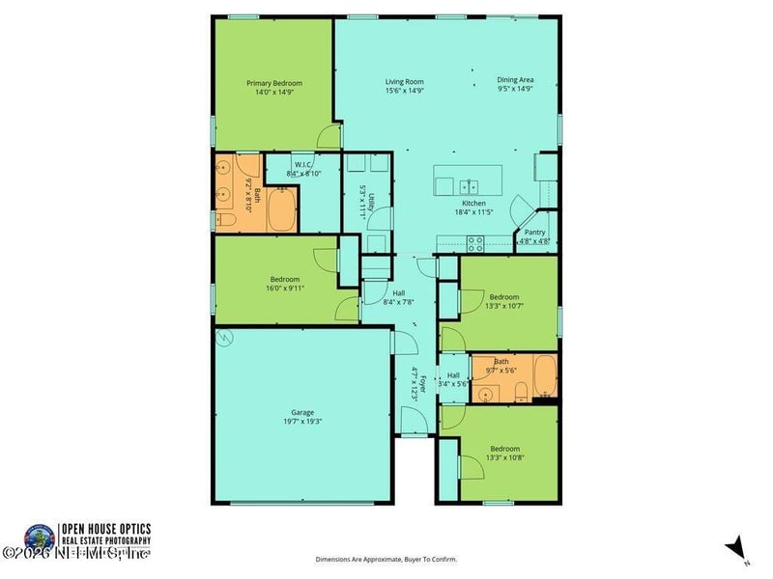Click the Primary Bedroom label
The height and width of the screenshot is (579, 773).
(x=272, y=84)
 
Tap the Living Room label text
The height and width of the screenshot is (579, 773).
(x=405, y=82)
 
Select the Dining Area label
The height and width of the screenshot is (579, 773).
(x=515, y=80)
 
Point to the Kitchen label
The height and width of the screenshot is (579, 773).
(x=473, y=204)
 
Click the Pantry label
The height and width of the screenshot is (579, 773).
(x=534, y=233)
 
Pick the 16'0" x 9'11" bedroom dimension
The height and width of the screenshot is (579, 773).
(x=275, y=288)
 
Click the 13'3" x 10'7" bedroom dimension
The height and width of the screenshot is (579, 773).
(x=503, y=306)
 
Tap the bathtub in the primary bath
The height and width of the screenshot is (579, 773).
(x=282, y=210)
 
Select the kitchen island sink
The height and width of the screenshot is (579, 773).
(x=471, y=185)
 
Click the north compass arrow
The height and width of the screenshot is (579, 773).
(x=737, y=547)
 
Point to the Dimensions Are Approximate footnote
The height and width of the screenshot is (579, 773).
(x=386, y=559)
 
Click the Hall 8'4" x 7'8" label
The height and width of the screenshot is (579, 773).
(x=399, y=298)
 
